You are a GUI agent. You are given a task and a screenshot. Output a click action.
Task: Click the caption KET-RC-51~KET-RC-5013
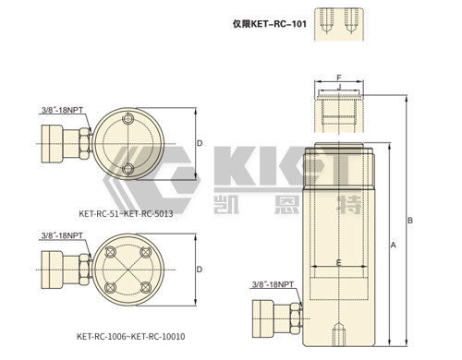[126, 213]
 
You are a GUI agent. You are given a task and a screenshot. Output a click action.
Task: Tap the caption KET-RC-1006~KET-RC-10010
[131, 336]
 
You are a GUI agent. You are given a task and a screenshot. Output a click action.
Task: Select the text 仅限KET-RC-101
[270, 24]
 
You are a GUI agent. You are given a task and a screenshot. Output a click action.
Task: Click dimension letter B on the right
[410, 221]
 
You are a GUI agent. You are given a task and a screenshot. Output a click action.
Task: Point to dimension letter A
[393, 245]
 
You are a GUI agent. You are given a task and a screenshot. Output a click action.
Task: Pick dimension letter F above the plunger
[339, 78]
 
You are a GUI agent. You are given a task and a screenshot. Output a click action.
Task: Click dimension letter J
[339, 87]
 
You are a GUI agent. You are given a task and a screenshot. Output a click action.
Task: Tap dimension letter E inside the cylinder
[339, 262]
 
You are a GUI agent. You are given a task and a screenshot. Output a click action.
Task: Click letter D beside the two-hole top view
[200, 143]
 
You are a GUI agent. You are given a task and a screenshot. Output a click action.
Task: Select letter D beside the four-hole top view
[200, 270]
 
